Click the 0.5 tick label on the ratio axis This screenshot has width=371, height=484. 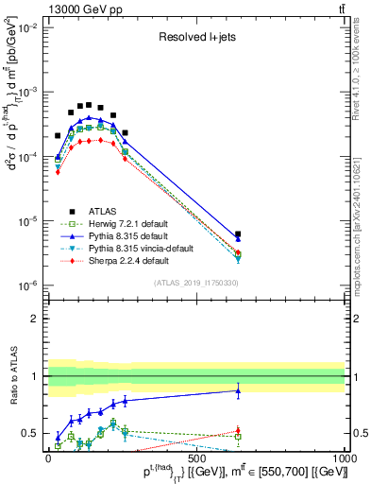point(28,434)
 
